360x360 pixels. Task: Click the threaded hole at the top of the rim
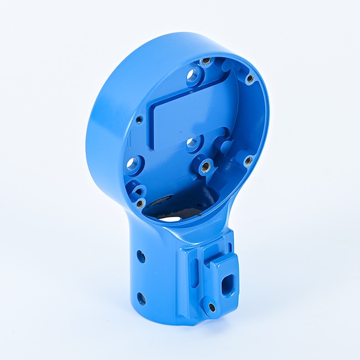tap(206, 60)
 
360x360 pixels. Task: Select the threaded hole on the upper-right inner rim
tap(250, 79)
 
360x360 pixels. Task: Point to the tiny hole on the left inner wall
tap(139, 119)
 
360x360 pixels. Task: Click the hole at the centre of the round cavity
tap(192, 143)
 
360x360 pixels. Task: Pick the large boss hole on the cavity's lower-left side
tap(132, 164)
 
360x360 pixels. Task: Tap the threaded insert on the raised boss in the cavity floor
tap(204, 166)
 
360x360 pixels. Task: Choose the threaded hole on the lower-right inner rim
tap(248, 161)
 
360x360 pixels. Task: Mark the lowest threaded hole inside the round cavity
tap(140, 203)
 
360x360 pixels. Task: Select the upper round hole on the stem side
tap(141, 256)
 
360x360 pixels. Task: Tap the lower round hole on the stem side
tap(141, 299)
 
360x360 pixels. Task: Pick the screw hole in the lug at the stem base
tap(211, 307)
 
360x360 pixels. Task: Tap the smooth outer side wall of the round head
tap(105, 127)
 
